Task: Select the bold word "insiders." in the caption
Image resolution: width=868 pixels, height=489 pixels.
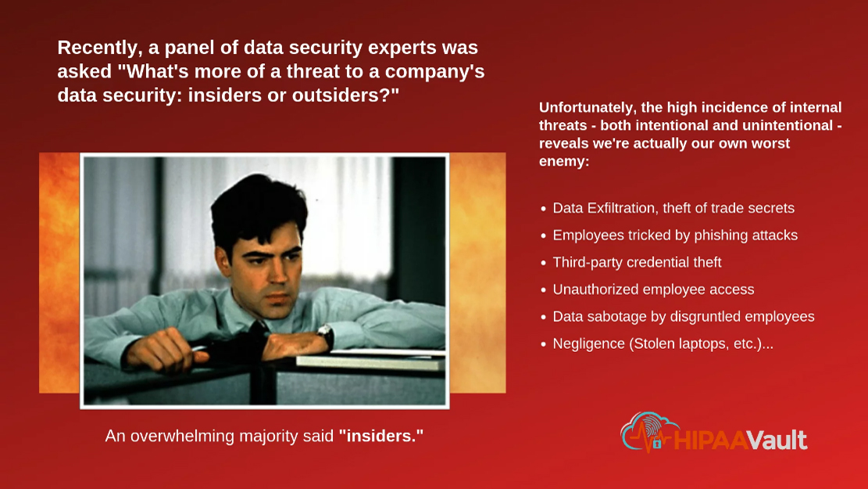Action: (381, 436)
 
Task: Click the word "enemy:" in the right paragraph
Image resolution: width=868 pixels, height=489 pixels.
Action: (564, 161)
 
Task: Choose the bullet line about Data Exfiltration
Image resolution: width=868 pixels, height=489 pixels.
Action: (673, 208)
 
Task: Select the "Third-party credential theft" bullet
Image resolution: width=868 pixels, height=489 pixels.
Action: (638, 262)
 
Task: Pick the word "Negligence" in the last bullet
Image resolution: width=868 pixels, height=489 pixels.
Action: (588, 344)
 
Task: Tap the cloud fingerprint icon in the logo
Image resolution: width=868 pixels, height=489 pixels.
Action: (648, 432)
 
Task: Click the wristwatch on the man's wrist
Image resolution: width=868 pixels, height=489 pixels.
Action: (325, 336)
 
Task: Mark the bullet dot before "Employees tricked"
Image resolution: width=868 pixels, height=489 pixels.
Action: (544, 236)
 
